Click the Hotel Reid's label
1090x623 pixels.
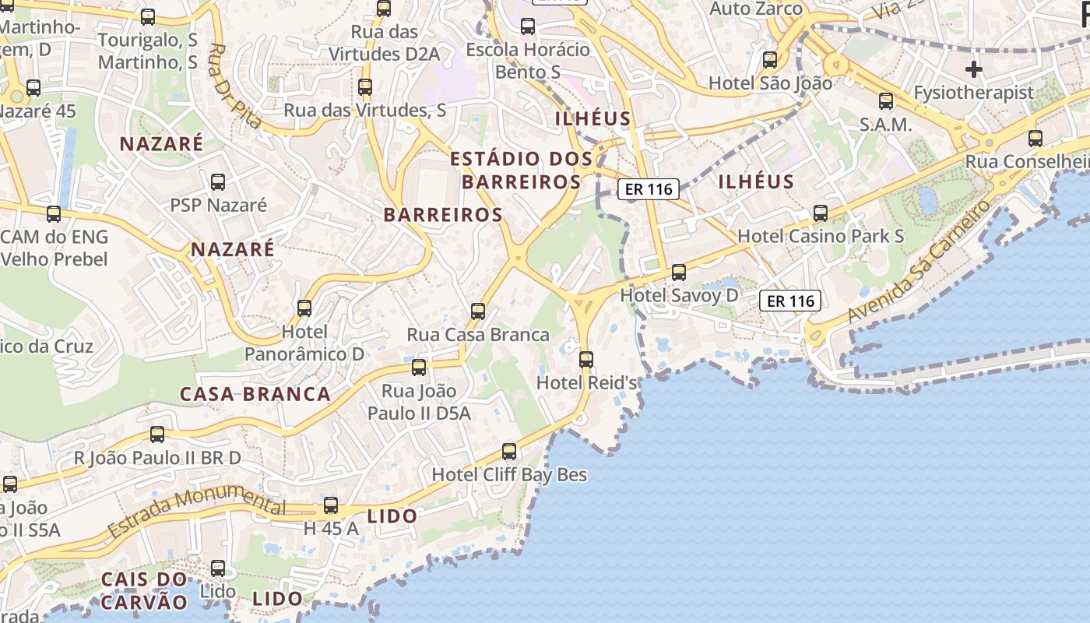[587, 383]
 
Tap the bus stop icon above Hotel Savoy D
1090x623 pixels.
[679, 272]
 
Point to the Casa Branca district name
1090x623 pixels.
[255, 394]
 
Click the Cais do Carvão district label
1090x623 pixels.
[145, 590]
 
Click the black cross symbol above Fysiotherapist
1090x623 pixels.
[973, 69]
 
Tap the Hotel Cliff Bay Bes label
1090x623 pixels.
[509, 474]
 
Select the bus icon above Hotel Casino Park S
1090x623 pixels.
[820, 213]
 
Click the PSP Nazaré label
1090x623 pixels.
[218, 206]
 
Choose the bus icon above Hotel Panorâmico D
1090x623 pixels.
[304, 308]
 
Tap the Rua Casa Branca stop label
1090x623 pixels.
[478, 335]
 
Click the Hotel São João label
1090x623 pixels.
[759, 83]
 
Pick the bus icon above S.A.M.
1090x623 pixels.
[886, 100]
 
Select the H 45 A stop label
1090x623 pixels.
[331, 529]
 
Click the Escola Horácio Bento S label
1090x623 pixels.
[528, 61]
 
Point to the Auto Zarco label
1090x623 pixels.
[757, 9]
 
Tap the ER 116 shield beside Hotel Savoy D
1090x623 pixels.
[790, 301]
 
